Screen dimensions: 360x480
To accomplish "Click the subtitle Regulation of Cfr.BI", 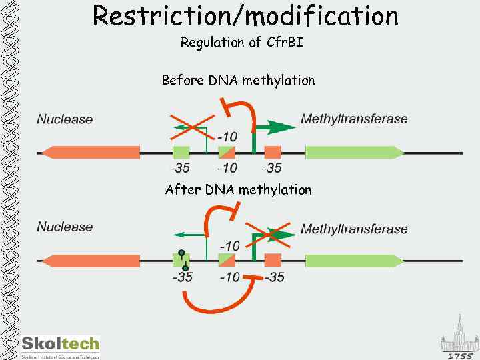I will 241,43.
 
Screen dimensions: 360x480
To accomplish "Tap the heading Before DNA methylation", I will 238,81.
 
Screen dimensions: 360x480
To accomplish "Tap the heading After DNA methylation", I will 238,190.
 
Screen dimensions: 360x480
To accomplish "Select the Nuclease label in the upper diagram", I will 65,119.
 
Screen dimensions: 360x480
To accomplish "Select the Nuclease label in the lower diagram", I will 65,227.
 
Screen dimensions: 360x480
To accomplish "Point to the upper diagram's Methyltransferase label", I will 354,119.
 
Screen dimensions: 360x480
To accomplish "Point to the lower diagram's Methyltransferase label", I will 354,229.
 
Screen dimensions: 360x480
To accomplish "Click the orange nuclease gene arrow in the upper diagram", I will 90,152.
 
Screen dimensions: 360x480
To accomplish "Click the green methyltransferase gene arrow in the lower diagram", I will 354,260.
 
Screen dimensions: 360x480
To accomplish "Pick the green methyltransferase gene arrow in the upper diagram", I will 354,152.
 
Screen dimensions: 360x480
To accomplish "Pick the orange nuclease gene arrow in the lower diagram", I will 90,260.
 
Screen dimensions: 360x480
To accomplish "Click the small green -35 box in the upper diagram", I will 181,152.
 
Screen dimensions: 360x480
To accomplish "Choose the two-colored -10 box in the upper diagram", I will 227,152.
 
